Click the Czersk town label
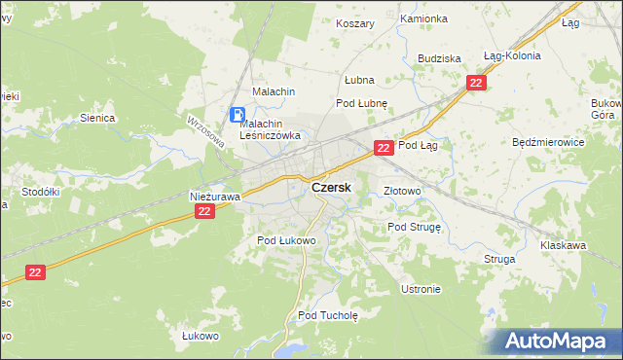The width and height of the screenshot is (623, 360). (332, 187)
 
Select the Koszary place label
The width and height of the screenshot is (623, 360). (355, 23)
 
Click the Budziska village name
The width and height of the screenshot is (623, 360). (439, 58)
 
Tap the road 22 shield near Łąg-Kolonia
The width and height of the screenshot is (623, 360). (476, 84)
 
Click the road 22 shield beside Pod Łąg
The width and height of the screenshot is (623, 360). (384, 148)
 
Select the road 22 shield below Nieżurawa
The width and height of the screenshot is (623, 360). (203, 211)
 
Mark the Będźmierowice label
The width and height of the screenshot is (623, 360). (548, 141)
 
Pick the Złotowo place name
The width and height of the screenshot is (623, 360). (402, 191)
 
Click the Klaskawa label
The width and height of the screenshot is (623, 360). (564, 245)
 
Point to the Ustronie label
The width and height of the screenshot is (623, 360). (421, 289)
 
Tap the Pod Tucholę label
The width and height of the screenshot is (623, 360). (329, 315)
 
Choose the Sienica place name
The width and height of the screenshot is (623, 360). (98, 118)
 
